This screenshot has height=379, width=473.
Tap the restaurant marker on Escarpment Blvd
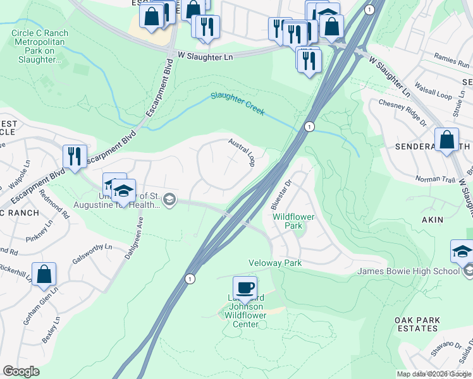75,157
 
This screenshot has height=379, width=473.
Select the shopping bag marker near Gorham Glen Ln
44,274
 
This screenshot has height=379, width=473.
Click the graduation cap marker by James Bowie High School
462,251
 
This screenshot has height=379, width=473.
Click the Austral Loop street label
242,152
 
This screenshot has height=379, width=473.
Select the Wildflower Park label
293,221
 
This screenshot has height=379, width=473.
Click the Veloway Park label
275,262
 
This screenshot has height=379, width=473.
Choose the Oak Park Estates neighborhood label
417,325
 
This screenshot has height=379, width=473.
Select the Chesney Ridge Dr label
402,107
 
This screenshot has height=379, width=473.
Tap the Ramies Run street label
451,59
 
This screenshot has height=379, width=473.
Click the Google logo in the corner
21,371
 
